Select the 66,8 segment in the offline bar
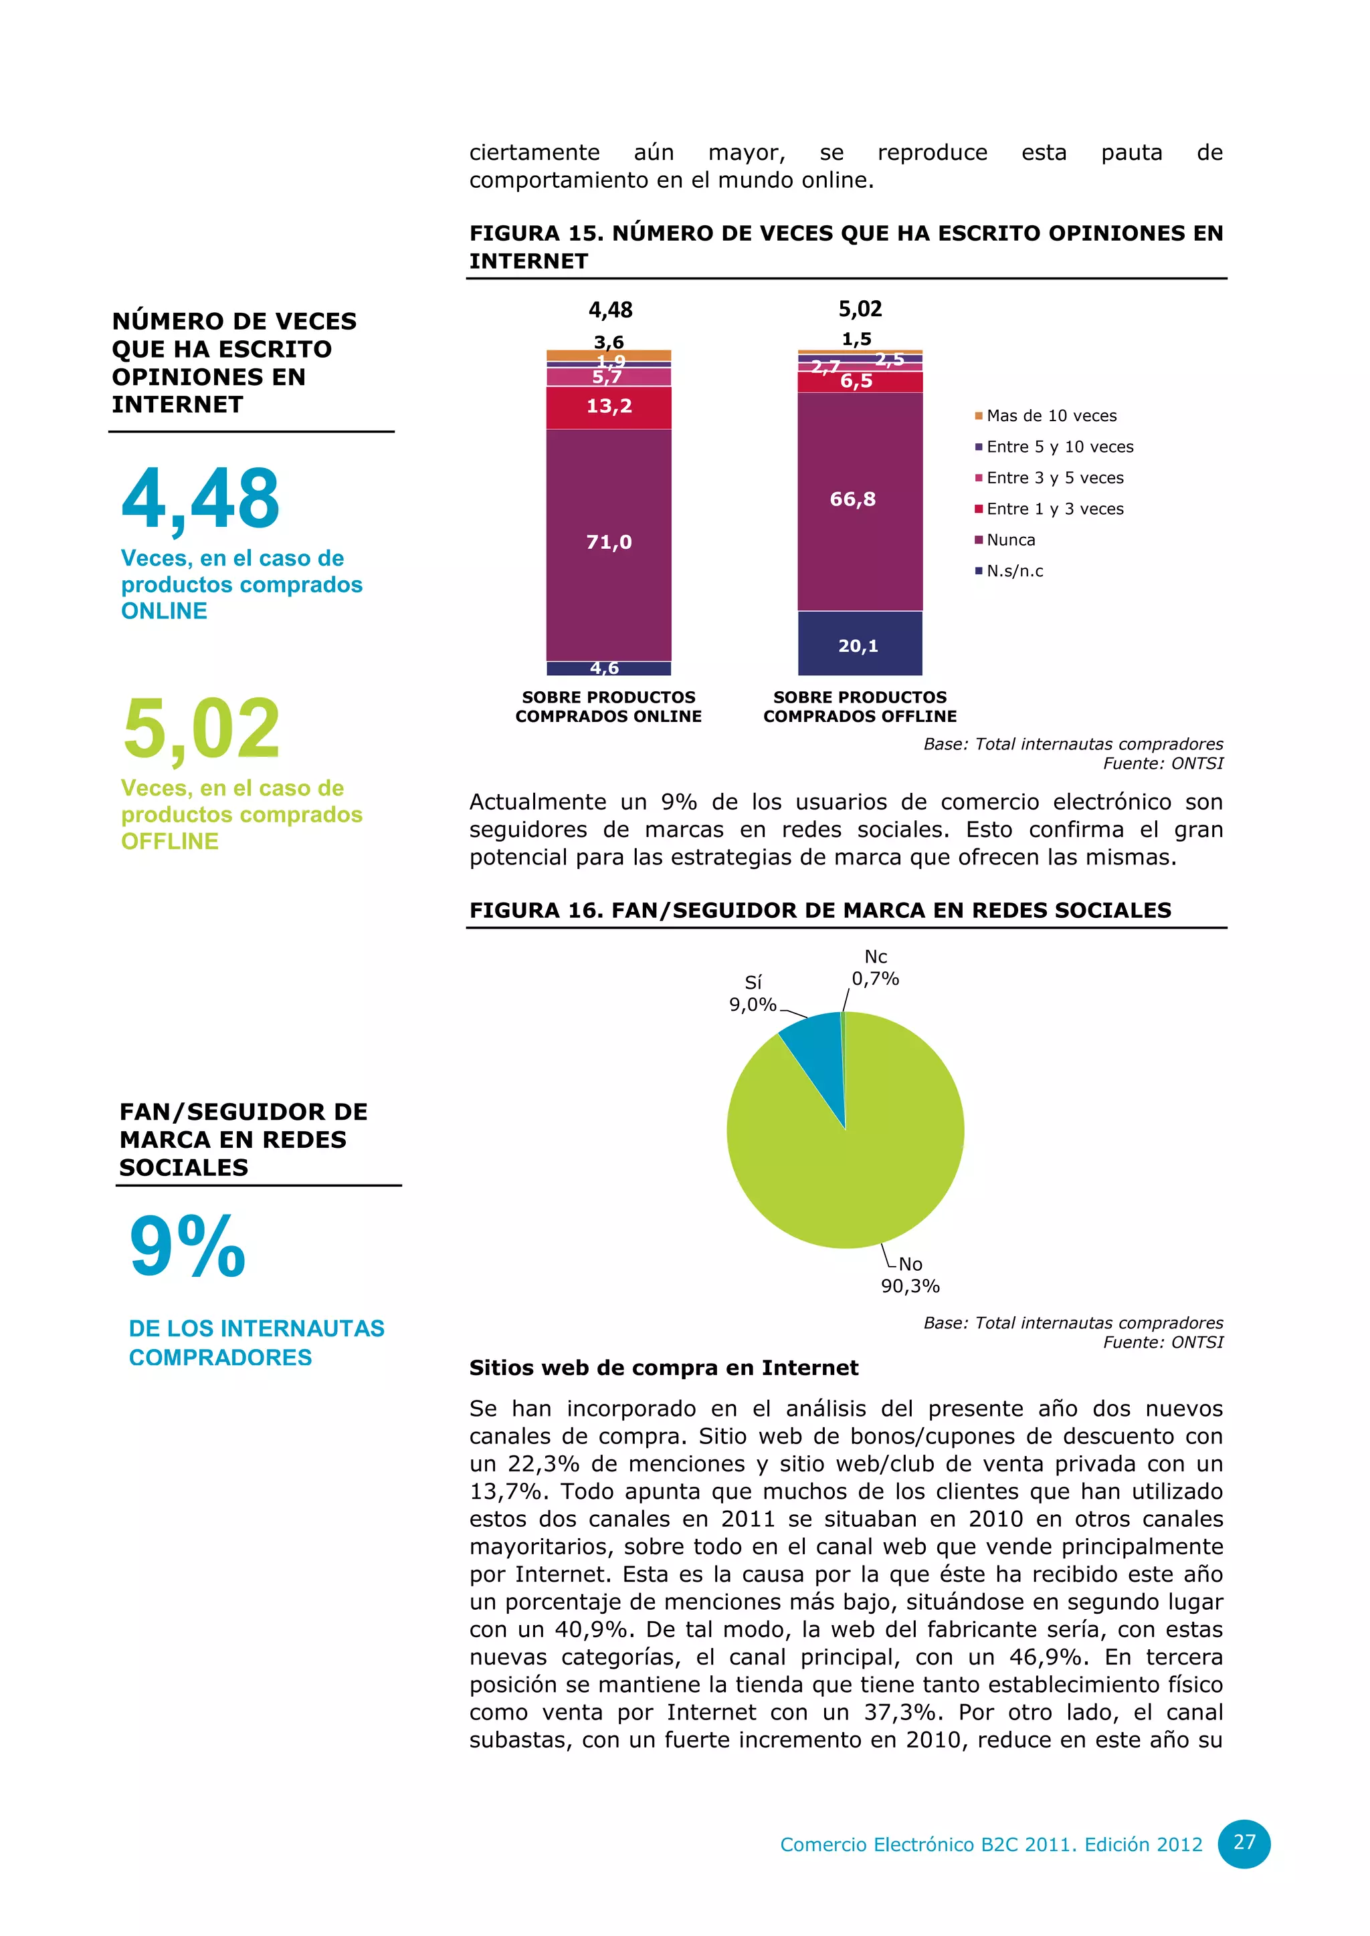860,501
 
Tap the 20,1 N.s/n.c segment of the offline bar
860,645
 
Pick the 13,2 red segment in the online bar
608,406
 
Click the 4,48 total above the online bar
610,310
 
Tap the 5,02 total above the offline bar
860,310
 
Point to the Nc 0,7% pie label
875,968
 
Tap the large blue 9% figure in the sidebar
187,1246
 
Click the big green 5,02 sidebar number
201,728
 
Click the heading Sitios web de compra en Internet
663,1368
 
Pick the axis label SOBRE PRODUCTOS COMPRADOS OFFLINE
860,707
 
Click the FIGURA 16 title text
820,911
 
